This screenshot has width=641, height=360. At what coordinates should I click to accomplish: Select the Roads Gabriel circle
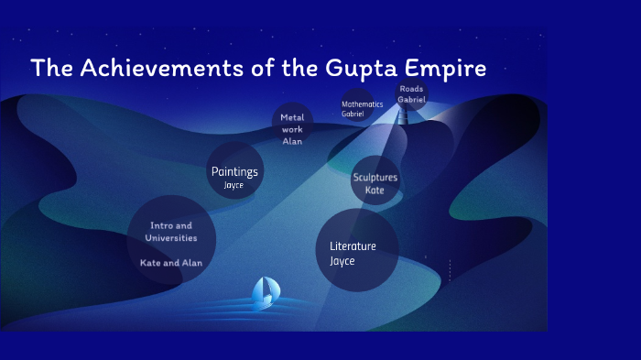[x=411, y=94]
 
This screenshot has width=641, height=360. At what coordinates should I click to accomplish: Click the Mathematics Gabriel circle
[x=356, y=108]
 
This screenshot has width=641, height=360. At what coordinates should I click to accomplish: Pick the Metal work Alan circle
[x=292, y=125]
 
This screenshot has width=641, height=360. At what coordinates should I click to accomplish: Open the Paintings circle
[x=234, y=171]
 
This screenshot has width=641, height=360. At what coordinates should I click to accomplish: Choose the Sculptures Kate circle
[x=375, y=182]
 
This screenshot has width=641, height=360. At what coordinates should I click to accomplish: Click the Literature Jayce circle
[x=356, y=250]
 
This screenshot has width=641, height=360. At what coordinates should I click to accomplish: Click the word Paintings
[x=234, y=171]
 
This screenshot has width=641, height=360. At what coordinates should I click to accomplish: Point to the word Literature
[x=353, y=245]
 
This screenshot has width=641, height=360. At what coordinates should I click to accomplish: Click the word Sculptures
[x=375, y=177]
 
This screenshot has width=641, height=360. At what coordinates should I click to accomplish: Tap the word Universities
[x=171, y=237]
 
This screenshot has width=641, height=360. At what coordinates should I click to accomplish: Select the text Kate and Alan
[x=171, y=263]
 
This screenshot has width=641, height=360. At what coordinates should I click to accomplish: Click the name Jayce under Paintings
[x=234, y=185]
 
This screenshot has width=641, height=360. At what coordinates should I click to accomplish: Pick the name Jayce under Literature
[x=342, y=261]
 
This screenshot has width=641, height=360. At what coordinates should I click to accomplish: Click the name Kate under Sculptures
[x=375, y=191]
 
